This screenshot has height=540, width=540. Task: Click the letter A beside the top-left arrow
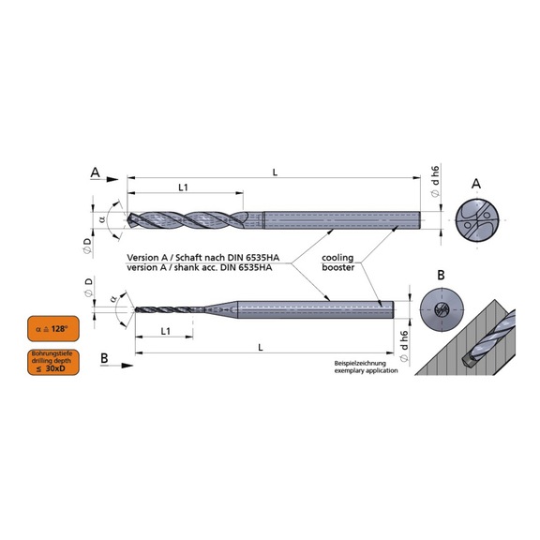tap(95, 172)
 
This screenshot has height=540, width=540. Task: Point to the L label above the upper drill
tap(273, 170)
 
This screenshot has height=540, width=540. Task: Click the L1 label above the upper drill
tap(184, 187)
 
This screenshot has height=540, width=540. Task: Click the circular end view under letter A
tap(476, 221)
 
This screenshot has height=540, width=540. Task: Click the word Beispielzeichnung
tap(359, 362)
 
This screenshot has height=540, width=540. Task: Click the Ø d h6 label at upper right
tap(435, 181)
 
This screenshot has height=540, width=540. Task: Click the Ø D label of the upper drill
tap(87, 246)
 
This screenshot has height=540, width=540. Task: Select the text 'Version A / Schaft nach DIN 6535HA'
tap(195, 257)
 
